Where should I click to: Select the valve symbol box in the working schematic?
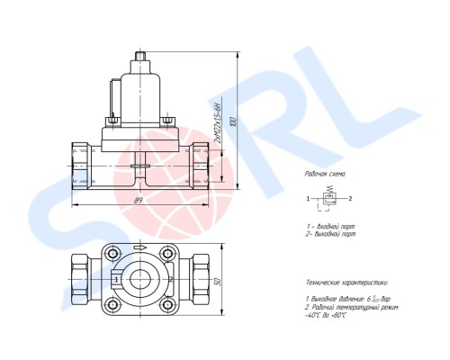point(330,198)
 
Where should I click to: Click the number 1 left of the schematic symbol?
point(308,198)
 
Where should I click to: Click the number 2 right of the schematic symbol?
point(351,198)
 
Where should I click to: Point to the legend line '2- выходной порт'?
point(334,232)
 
